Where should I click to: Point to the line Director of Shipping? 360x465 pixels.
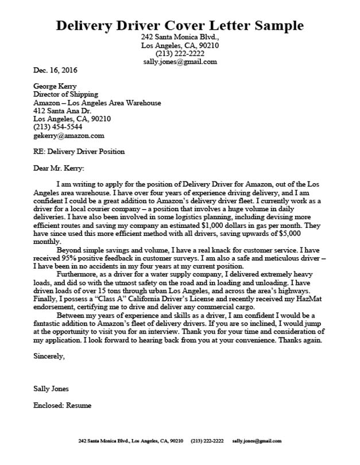tap(65, 95)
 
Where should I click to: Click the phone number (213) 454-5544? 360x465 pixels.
tap(57, 127)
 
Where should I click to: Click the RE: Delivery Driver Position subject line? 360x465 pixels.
tap(79, 152)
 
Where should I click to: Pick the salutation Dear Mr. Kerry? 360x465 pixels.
tap(59, 168)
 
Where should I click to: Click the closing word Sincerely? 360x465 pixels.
tap(49, 356)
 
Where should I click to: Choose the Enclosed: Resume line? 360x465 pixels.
tap(63, 405)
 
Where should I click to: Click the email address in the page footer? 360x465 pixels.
tap(257, 441)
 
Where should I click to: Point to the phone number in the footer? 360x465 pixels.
tap(207, 441)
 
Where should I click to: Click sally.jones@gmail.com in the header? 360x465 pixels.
tap(180, 61)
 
